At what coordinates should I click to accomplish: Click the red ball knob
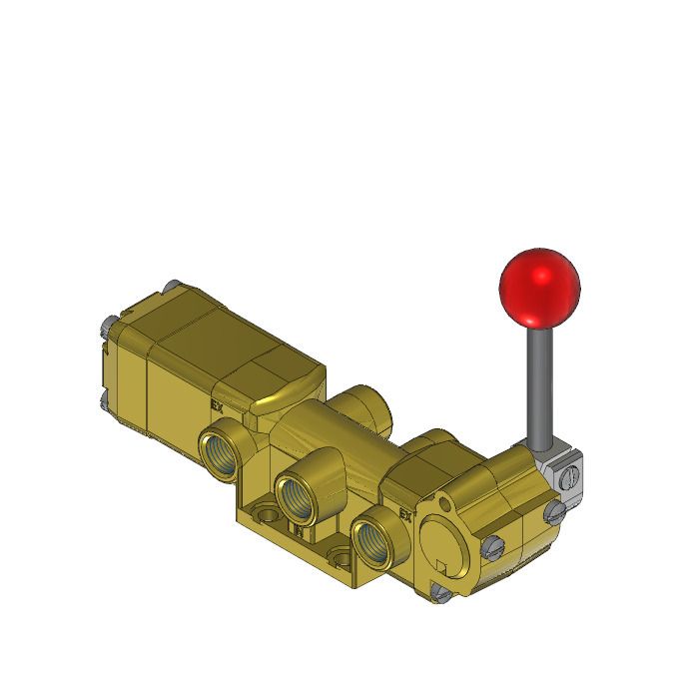coord(539,285)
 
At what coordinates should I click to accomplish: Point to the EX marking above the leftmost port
coord(217,406)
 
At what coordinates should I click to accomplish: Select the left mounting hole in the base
coord(267,517)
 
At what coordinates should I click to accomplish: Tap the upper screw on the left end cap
coord(104,326)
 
